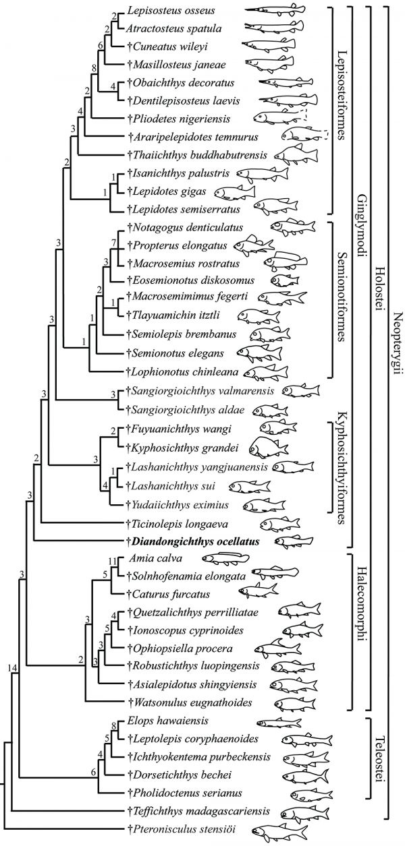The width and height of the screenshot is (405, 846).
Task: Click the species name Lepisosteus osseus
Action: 171,10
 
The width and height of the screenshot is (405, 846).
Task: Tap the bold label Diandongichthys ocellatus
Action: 193,542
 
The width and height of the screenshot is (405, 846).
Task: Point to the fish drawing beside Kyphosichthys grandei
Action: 269,447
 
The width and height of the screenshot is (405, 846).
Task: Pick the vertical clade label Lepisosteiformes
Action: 342,95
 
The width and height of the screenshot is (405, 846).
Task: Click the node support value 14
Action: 12,658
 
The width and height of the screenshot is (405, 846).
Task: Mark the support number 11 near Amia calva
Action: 112,562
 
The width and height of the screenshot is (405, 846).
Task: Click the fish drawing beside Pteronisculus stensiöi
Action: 279,833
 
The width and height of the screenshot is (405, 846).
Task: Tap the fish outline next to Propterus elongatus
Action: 253,244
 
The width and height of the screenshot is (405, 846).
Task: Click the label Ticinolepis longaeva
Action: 178,524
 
